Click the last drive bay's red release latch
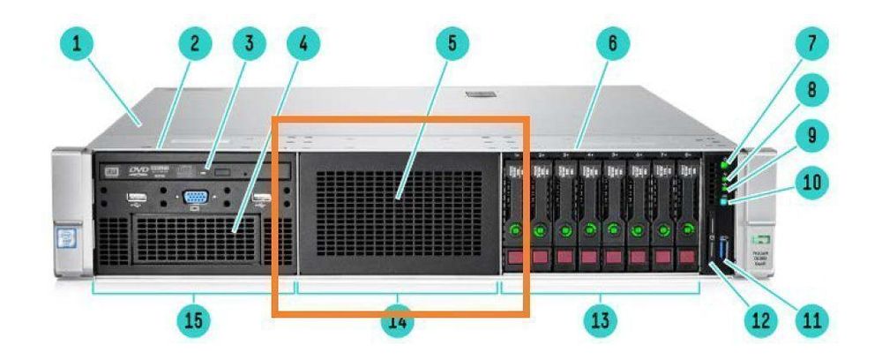pos(685,258)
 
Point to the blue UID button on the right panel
pos(724,203)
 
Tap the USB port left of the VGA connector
pos(137,197)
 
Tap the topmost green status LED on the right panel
pos(724,164)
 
